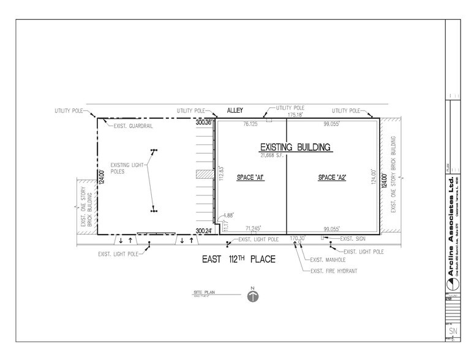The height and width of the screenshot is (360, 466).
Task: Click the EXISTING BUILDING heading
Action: tap(295, 147)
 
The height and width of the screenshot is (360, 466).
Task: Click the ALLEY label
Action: tap(235, 110)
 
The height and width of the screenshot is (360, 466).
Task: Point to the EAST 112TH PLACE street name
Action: tap(239, 260)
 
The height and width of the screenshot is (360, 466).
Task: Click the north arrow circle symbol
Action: tap(252, 296)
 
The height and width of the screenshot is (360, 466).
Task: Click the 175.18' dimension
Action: tap(297, 114)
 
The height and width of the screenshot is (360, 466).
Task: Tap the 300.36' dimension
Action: tap(203, 122)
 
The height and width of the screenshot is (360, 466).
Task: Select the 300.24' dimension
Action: tap(203, 231)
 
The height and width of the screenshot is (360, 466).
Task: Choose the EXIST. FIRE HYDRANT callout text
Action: tap(334, 271)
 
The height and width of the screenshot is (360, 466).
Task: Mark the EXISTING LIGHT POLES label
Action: tap(127, 168)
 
